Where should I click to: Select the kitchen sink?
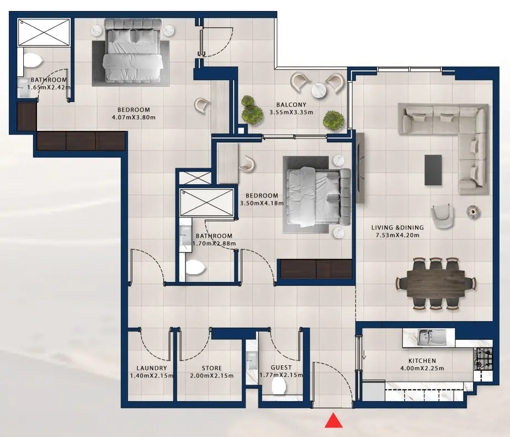pos(428,337)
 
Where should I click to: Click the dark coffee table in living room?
pos(433,169)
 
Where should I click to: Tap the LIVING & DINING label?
pos(397,227)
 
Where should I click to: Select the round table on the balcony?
pos(319,89)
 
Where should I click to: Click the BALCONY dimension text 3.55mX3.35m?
pos(291,112)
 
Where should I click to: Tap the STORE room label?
pos(212,368)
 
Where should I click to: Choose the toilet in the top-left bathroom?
pos(33,60)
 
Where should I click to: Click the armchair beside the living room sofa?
pos(442,215)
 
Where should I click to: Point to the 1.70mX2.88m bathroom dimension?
pos(214,243)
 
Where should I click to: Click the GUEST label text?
pos(281,368)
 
